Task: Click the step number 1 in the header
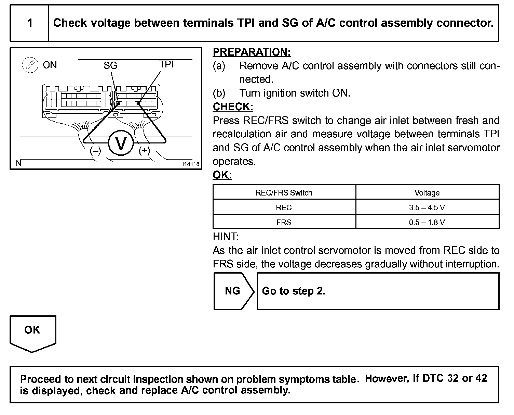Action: point(30,23)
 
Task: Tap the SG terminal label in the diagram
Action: point(110,65)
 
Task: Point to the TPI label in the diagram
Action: point(166,64)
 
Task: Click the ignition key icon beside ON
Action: point(29,65)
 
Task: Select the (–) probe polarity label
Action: point(95,151)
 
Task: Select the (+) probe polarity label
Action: point(145,151)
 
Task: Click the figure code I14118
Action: point(191,164)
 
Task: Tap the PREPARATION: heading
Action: point(252,52)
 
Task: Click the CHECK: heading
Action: point(233,107)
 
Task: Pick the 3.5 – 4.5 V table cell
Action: point(427,207)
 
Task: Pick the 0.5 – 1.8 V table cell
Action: point(427,222)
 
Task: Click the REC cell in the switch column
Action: point(284,207)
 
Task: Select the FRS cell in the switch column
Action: point(284,222)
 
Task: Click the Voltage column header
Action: point(427,193)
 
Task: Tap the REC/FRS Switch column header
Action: point(284,193)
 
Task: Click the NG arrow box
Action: point(233,291)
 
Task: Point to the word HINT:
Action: point(226,237)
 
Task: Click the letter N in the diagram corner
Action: point(18,163)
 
